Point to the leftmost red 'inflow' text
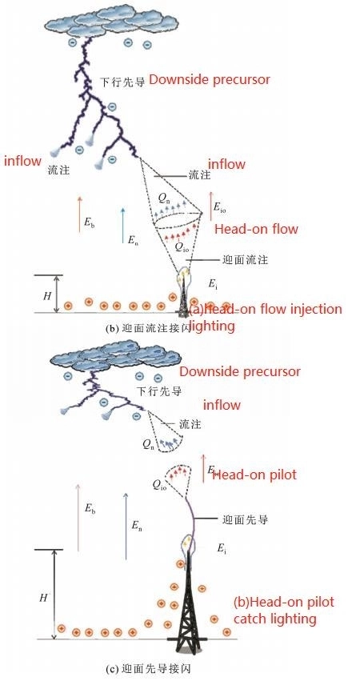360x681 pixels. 22,161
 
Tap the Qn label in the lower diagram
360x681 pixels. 147,443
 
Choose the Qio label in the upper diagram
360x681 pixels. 182,247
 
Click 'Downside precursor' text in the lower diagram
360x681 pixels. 239,371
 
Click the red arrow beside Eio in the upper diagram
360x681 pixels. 210,206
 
